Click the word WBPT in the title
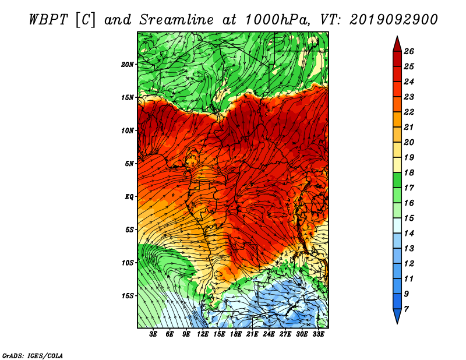49,20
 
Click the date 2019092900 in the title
394,20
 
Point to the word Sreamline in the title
176,20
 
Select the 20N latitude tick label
127,65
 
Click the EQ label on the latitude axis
129,197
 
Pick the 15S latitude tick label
127,296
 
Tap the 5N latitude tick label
129,164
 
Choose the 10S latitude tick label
127,263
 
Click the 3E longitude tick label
153,334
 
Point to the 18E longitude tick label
236,334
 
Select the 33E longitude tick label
318,334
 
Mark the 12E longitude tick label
203,334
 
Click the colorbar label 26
409,51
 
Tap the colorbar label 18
409,172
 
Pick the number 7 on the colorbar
406,309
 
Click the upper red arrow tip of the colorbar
397,37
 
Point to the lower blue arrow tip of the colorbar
397,323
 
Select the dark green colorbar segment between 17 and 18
397,180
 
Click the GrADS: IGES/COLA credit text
33,356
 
